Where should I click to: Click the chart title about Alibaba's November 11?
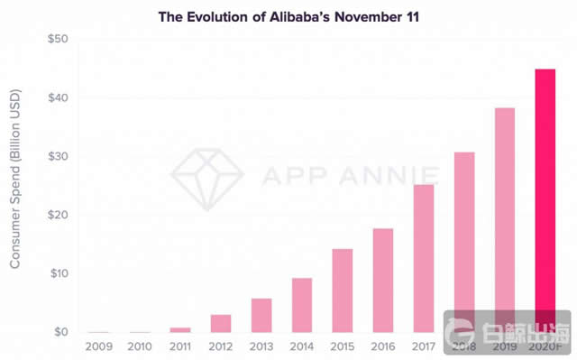(x=288, y=16)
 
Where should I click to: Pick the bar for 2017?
(x=424, y=258)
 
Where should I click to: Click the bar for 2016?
(x=383, y=280)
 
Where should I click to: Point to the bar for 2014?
(x=302, y=305)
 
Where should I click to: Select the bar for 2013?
(x=261, y=315)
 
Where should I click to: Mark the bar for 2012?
(x=221, y=323)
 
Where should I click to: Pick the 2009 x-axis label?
(x=99, y=346)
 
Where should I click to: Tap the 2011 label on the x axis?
(x=180, y=346)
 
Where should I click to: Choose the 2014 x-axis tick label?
(x=302, y=346)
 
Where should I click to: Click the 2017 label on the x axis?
(x=424, y=346)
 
